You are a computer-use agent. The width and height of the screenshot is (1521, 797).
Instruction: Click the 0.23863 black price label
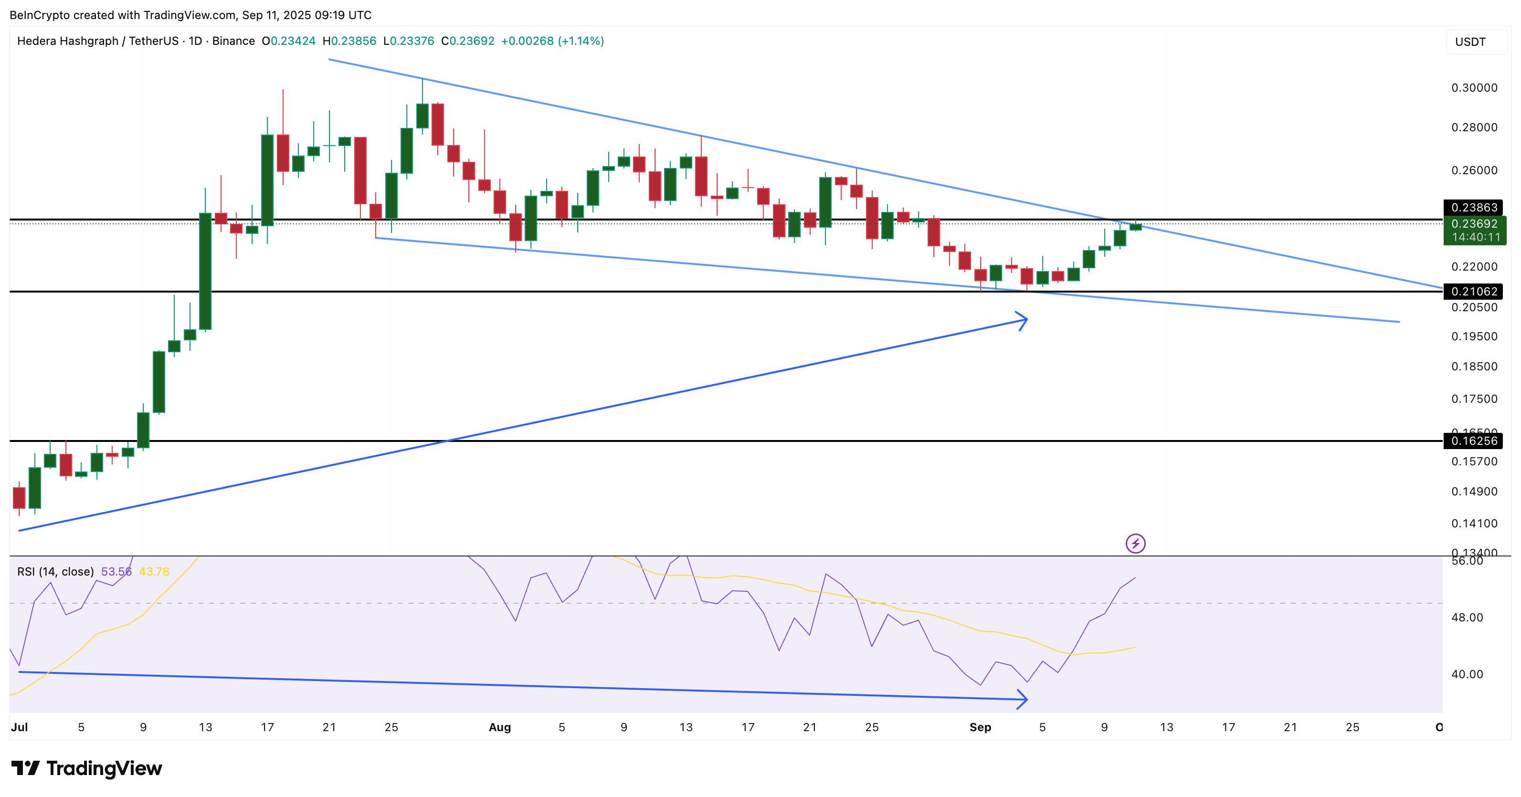click(1474, 207)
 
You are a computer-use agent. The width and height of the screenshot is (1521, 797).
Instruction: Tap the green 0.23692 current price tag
click(1474, 224)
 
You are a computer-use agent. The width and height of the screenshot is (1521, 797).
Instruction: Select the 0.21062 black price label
click(1474, 291)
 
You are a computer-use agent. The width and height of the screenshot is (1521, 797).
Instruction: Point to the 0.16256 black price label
click(1474, 440)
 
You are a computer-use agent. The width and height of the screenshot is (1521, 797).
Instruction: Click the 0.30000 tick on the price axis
click(1474, 88)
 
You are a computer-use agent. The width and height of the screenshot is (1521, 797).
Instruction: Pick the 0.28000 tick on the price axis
click(1474, 127)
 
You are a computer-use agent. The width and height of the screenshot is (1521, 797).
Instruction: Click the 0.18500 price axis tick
click(1474, 367)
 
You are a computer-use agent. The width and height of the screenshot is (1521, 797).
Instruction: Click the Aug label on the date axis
click(499, 727)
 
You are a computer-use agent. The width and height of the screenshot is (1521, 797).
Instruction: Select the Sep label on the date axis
click(980, 727)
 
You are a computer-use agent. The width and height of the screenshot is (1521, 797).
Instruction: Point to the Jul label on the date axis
click(19, 727)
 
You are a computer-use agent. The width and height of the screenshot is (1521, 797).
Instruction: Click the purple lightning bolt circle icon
click(1135, 543)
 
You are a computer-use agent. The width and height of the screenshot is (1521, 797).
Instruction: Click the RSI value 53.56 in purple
click(116, 571)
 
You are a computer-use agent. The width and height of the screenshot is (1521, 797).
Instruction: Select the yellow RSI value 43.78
click(154, 571)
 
